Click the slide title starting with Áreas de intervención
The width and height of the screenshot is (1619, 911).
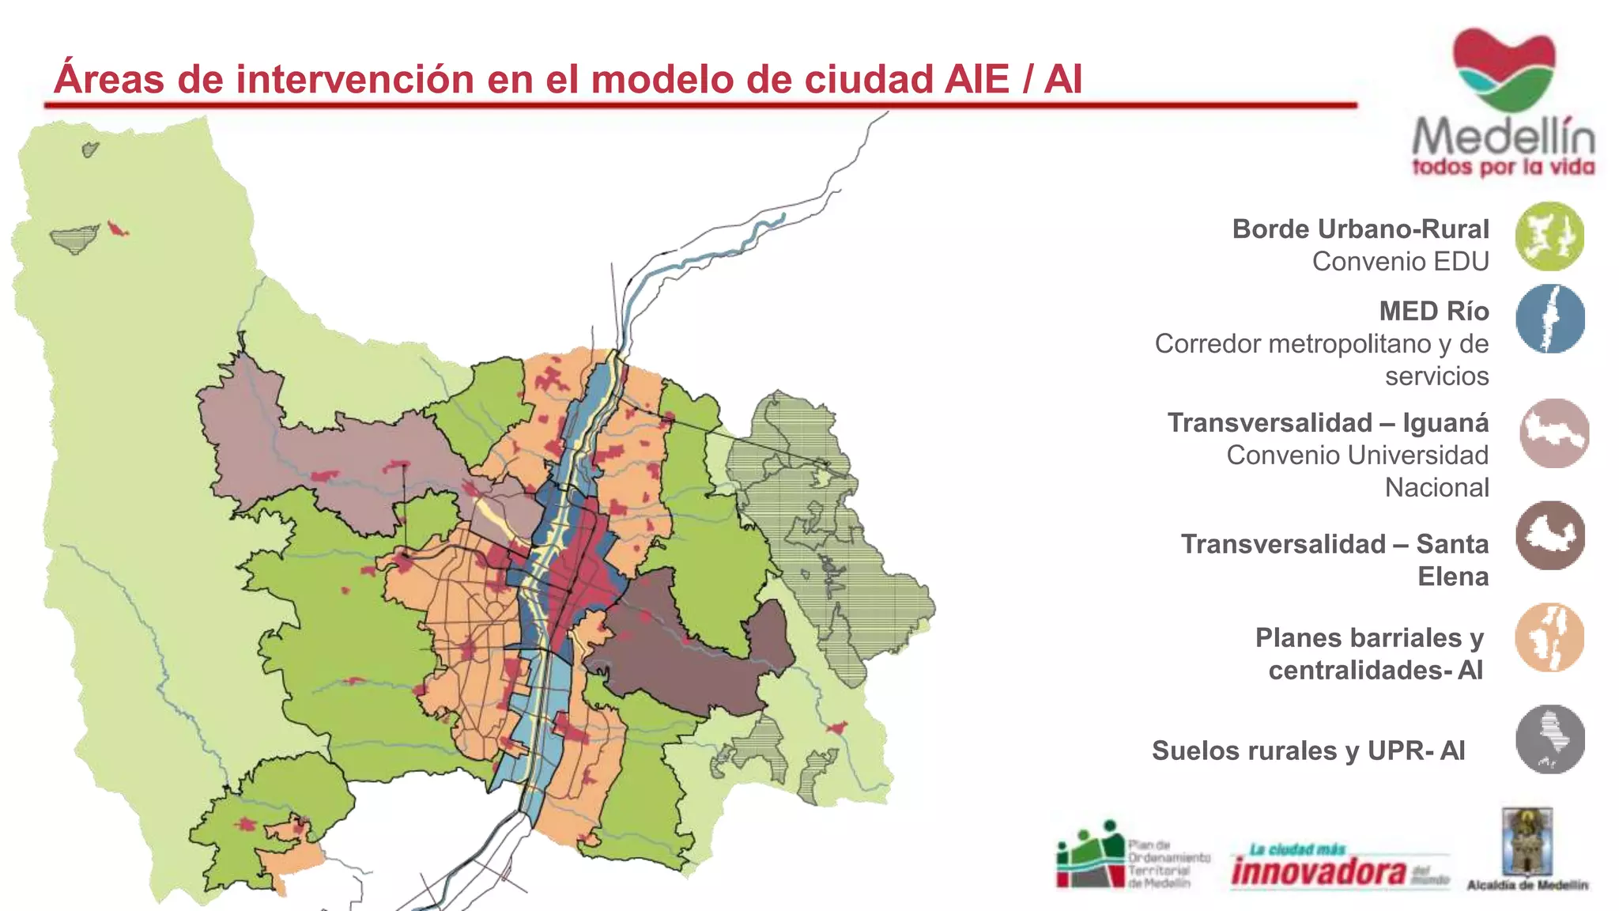click(568, 79)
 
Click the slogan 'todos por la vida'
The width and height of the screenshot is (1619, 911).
click(1503, 167)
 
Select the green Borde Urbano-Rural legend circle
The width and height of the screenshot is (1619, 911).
click(1549, 236)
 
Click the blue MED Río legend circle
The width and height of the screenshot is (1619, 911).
click(1549, 319)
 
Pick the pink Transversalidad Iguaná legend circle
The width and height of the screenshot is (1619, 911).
click(1553, 433)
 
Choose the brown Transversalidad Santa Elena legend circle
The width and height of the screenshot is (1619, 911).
click(1550, 535)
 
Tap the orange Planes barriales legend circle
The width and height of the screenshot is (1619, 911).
click(1549, 637)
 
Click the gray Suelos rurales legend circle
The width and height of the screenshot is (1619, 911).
click(1549, 739)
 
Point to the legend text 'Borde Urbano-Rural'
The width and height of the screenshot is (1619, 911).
click(1360, 229)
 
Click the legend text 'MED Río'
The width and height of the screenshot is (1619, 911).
click(1433, 312)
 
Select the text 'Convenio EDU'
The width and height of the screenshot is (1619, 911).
click(1400, 262)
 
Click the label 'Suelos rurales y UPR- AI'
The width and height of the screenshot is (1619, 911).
click(1308, 750)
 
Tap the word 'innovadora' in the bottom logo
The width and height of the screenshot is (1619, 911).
click(1319, 871)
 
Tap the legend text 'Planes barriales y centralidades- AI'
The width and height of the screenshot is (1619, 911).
click(1369, 654)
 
